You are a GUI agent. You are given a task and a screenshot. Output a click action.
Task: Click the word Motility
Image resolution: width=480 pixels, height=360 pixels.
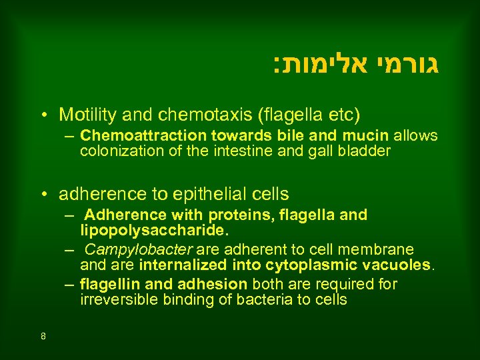click(84, 115)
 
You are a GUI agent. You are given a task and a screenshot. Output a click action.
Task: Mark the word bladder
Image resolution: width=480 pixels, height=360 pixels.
click(364, 151)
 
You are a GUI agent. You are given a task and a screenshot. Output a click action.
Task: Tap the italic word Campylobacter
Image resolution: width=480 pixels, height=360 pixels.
click(137, 249)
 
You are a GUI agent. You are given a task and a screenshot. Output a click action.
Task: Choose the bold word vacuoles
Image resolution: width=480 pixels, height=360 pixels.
click(399, 265)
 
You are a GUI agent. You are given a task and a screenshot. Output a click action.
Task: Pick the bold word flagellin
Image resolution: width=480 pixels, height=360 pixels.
click(107, 285)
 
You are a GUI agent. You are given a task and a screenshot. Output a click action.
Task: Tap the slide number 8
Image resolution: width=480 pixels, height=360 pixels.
click(43, 336)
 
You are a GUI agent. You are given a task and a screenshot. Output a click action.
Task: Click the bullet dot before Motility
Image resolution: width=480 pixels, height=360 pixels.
click(43, 115)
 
